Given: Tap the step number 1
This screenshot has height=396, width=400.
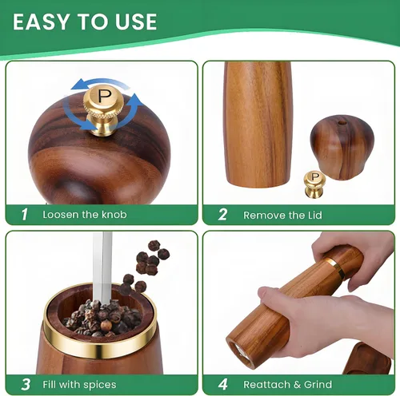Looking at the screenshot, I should [x=25, y=214].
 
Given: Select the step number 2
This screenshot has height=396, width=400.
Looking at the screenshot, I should [x=222, y=214].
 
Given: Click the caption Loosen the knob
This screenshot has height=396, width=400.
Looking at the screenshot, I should [x=85, y=215].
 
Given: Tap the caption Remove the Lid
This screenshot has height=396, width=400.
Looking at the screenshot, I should [x=282, y=215].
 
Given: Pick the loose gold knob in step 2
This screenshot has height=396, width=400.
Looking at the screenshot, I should [x=314, y=185].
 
